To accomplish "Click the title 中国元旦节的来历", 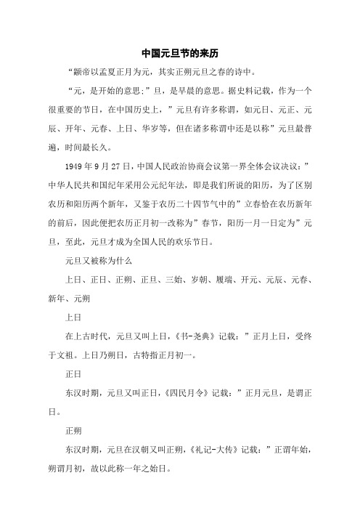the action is pos(181,54).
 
